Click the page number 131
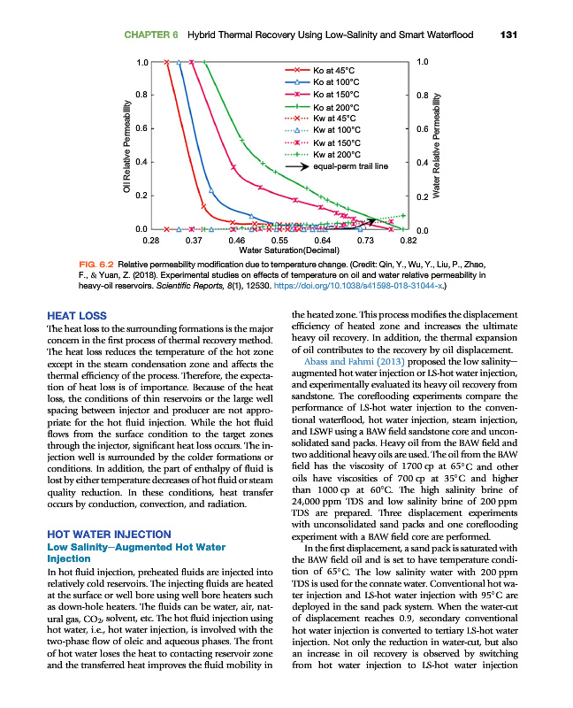(x=508, y=35)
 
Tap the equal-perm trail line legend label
(x=351, y=165)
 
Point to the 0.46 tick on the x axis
(x=236, y=241)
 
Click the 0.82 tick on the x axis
(x=408, y=241)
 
